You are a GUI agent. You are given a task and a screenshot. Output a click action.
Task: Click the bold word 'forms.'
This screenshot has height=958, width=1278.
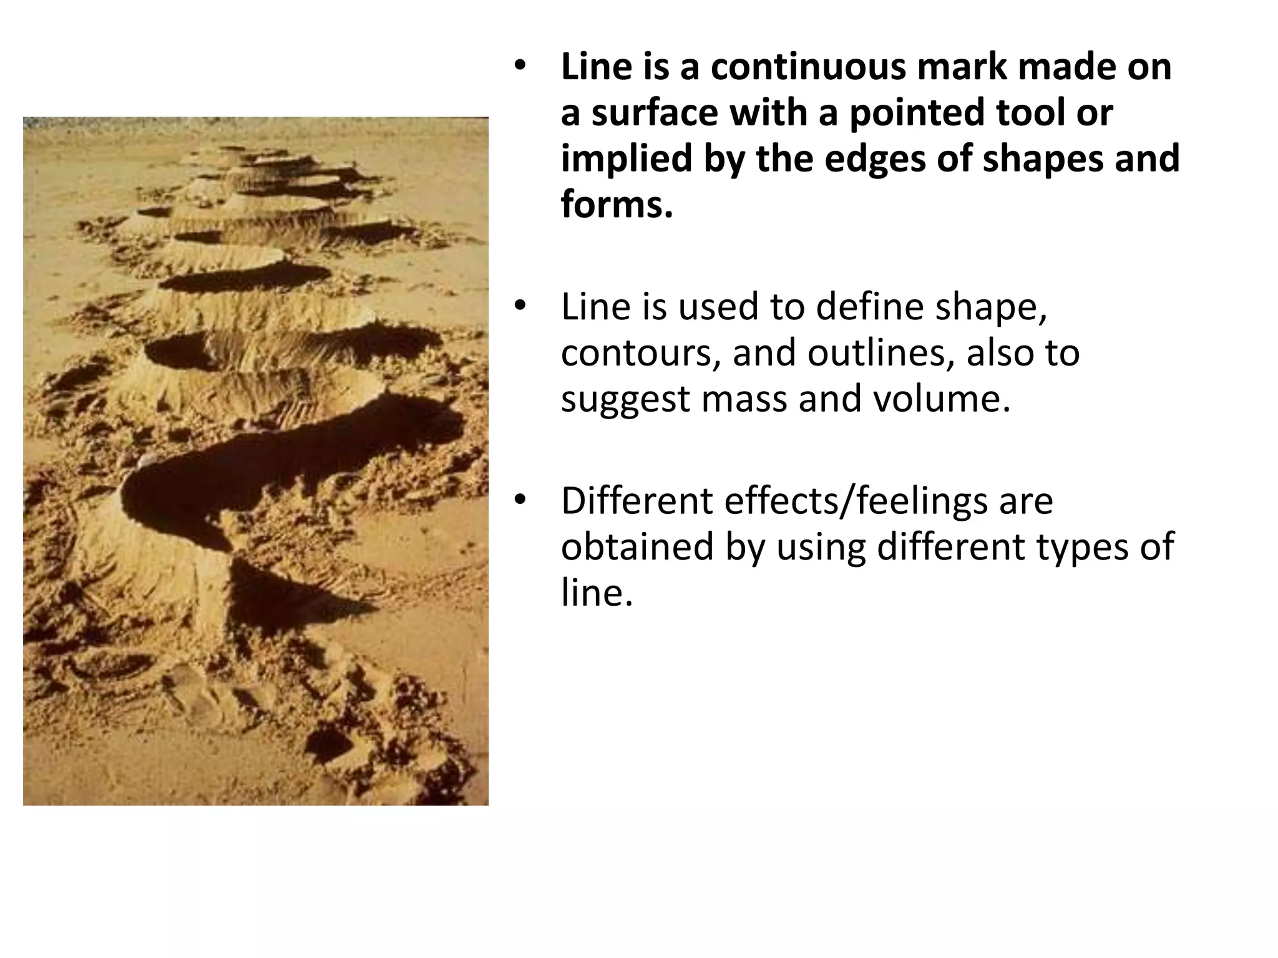617,205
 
